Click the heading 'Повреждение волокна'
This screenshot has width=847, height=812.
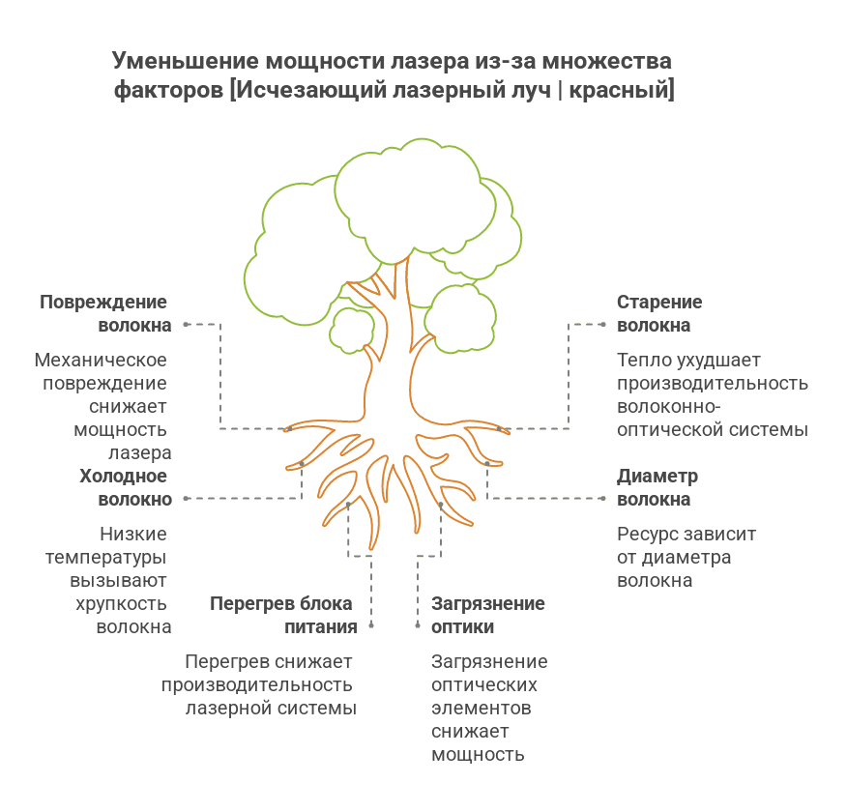coord(104,314)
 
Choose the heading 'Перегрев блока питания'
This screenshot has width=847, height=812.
coord(282,616)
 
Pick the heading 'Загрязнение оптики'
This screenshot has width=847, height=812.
coord(487,616)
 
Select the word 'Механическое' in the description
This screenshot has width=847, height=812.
coord(101,361)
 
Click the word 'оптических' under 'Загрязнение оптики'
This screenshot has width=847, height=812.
coord(483,685)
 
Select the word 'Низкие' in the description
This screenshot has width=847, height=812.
coord(133,535)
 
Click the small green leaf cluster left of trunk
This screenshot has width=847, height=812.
coord(350,329)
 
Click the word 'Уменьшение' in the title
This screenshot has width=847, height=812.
coord(184,62)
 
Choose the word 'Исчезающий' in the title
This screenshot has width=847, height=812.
coord(311,92)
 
